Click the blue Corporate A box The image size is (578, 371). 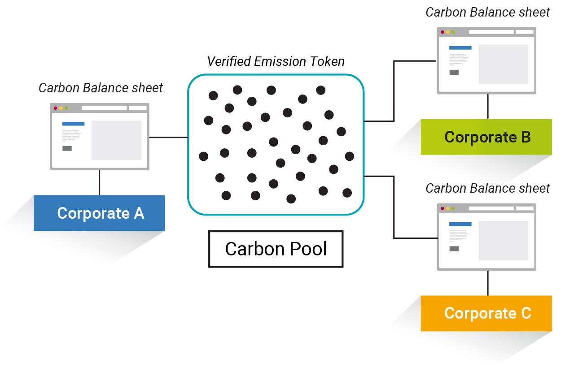coord(100,213)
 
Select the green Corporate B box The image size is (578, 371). coord(486,137)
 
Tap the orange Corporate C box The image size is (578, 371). coord(486,313)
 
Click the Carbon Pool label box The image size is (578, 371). coord(276,249)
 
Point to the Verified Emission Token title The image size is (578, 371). coord(276,61)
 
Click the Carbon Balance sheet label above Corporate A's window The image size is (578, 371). coord(101,88)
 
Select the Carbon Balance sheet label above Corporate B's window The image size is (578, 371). coord(487,12)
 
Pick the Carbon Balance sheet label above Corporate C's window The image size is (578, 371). coord(487,188)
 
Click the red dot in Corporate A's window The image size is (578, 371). coord(56,108)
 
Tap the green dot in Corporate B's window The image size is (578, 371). coord(453,32)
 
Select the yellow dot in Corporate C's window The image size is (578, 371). coord(448,208)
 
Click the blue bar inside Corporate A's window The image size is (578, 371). coord(73,124)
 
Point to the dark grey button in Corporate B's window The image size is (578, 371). coord(454,72)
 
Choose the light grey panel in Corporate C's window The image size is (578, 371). coord(503,240)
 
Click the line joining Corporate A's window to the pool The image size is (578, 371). coord(168,137)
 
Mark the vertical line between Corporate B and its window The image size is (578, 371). coord(488,107)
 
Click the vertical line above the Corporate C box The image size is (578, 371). coord(488,283)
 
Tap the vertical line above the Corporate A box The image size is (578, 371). coord(99,183)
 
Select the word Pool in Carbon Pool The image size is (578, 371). coord(307,249)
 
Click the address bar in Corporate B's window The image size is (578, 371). coord(491,32)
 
